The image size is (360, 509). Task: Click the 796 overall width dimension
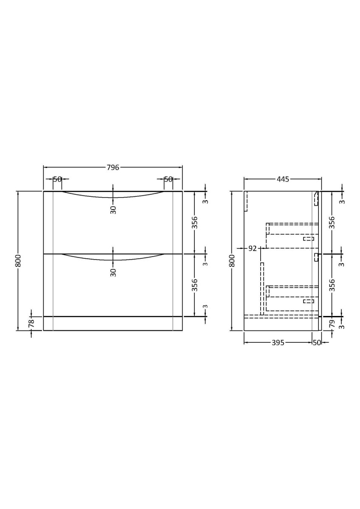tap(113, 168)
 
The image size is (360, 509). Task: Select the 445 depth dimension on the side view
tap(283, 179)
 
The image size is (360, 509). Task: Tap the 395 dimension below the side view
tap(278, 343)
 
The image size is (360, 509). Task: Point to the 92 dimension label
tap(253, 249)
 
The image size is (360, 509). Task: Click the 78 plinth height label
tap(31, 323)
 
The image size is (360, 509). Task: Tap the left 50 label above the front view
tap(57, 179)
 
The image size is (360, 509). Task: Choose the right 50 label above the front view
tap(168, 179)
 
